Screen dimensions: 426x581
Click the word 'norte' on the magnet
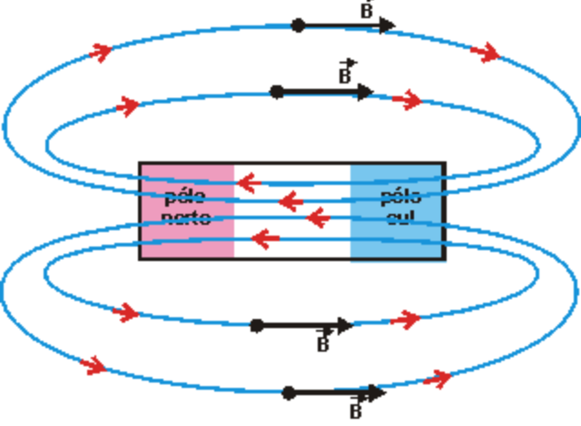point(186,218)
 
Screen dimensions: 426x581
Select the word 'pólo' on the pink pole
point(186,197)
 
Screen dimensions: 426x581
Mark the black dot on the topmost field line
point(298,25)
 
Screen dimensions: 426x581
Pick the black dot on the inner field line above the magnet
point(277,92)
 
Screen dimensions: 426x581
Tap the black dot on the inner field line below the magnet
point(257,324)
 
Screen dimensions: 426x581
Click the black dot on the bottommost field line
point(289,392)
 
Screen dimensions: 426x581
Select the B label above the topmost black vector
point(366,10)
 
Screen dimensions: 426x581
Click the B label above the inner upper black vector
point(346,73)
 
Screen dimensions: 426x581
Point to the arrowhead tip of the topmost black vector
point(395,25)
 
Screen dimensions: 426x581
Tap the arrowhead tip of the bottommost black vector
point(385,392)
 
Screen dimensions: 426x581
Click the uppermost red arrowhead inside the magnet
point(246,185)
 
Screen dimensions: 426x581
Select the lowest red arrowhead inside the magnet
point(263,239)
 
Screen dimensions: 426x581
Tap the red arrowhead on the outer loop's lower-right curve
point(441,377)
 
